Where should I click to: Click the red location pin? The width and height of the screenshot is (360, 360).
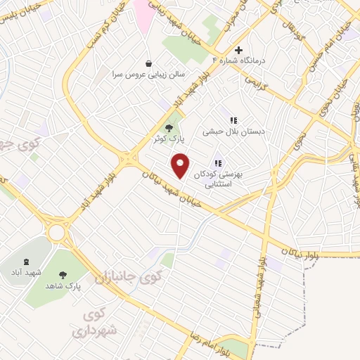pos(181,166)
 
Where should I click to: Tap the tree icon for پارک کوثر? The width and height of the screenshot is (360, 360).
pos(168,127)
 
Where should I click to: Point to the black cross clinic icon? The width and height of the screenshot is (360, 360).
pos(238,51)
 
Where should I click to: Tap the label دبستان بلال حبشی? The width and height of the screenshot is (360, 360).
pos(231,131)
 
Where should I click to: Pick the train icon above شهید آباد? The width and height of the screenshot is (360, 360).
pos(15,260)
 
